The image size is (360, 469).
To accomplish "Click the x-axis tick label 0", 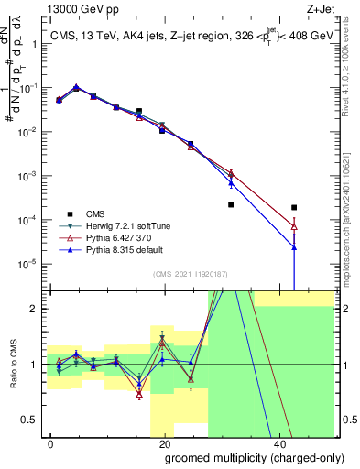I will pos(51,442).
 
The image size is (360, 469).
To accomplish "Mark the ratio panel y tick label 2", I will pos(34,309).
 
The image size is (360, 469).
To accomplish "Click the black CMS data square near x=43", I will pos(293,208).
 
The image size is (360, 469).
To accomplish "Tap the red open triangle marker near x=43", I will pos(293,226).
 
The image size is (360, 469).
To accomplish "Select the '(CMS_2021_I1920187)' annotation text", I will pos(191,272).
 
